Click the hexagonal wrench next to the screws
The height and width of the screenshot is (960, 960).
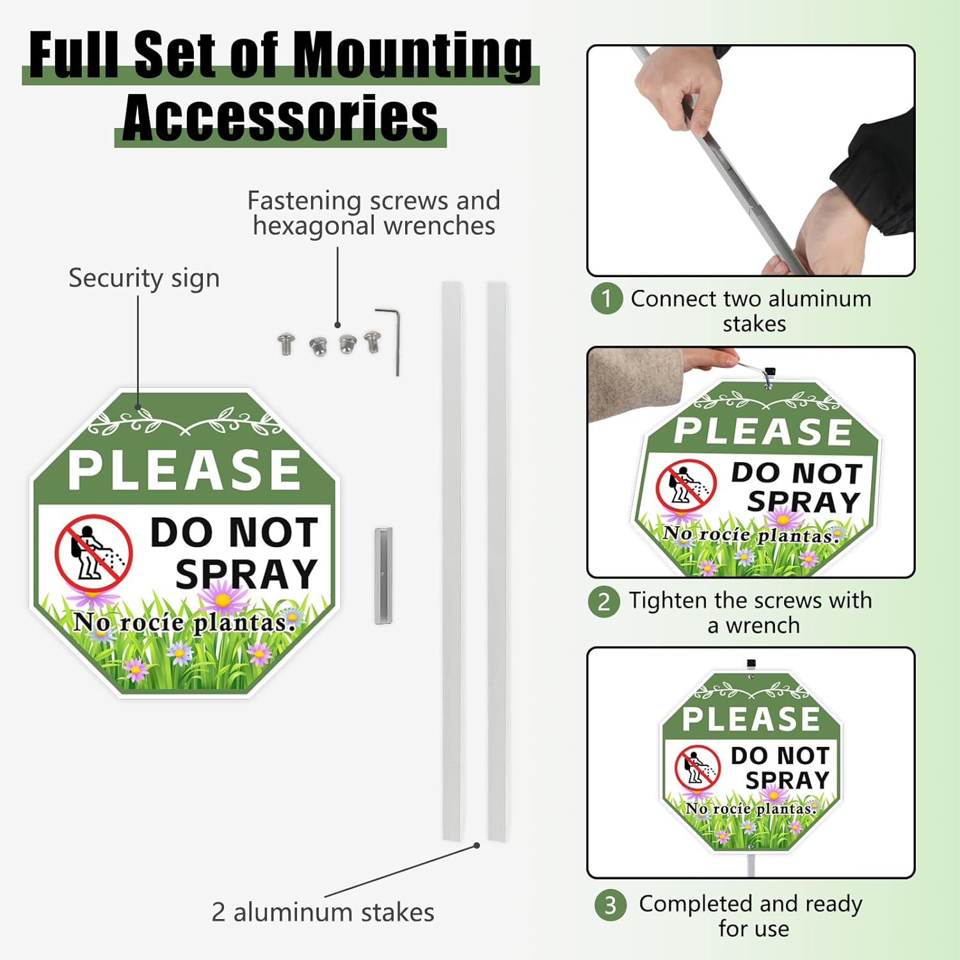point(388,341)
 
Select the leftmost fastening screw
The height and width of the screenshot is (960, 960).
point(285,343)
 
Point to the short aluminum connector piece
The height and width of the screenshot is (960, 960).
point(383,575)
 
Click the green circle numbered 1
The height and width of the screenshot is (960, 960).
point(606,299)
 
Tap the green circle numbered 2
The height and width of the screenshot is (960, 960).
point(604,602)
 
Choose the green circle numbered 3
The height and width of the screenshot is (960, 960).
point(610,905)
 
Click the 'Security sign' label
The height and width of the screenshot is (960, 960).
point(144,278)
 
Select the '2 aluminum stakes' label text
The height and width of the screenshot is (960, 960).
point(323,912)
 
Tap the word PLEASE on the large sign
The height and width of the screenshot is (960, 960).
point(184,470)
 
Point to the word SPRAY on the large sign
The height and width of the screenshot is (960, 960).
point(246,573)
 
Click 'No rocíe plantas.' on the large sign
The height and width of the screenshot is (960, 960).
point(184,622)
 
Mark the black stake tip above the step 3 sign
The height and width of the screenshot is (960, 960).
point(751,664)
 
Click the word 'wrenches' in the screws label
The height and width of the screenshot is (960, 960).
point(439,226)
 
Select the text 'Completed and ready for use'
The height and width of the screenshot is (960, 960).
point(751,916)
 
